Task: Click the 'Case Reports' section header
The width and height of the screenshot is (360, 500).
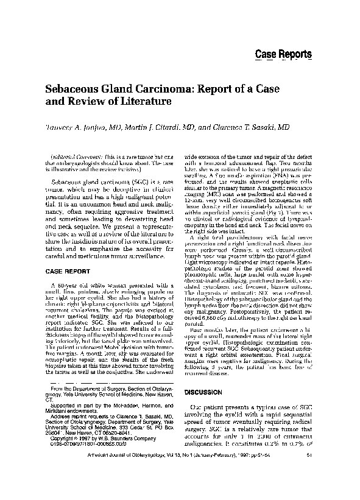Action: (283, 54)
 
